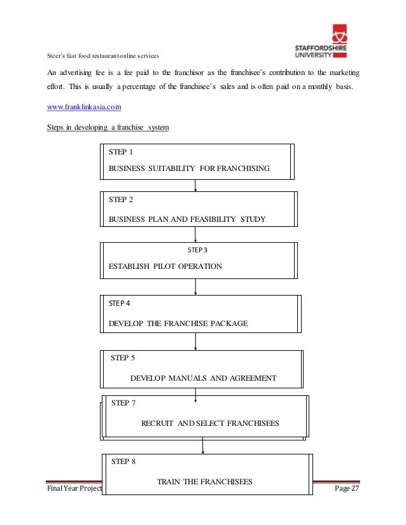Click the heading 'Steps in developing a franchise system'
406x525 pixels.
point(108,128)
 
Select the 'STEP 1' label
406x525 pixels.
point(121,153)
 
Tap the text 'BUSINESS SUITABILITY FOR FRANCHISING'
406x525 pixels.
point(190,168)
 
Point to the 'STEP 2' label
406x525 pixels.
point(121,200)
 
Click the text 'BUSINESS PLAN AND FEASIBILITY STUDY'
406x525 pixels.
point(187,219)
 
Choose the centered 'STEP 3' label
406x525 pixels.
point(197,250)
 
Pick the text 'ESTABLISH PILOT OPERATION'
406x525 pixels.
point(165,266)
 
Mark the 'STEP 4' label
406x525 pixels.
point(120,303)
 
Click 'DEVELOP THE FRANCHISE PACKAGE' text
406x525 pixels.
point(178,324)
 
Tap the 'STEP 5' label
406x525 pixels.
point(123,358)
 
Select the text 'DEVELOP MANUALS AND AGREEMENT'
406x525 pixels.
point(203,378)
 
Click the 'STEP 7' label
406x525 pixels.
point(123,403)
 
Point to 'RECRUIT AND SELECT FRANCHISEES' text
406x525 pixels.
point(209,423)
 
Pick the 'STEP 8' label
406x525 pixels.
point(123,462)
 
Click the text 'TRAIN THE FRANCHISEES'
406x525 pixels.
point(204,482)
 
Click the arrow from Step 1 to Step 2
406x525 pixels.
point(195,185)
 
